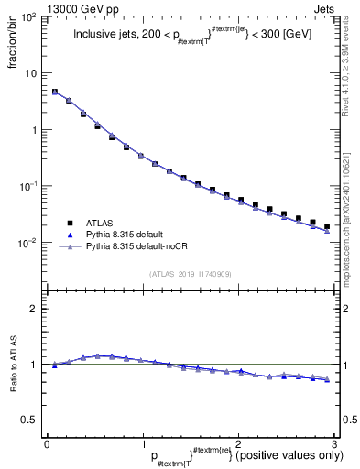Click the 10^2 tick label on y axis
(29, 17)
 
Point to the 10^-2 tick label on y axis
(29, 244)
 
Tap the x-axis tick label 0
(47, 442)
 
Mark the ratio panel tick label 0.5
(34, 420)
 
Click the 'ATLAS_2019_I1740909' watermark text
(190, 274)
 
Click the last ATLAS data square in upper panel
(327, 226)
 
